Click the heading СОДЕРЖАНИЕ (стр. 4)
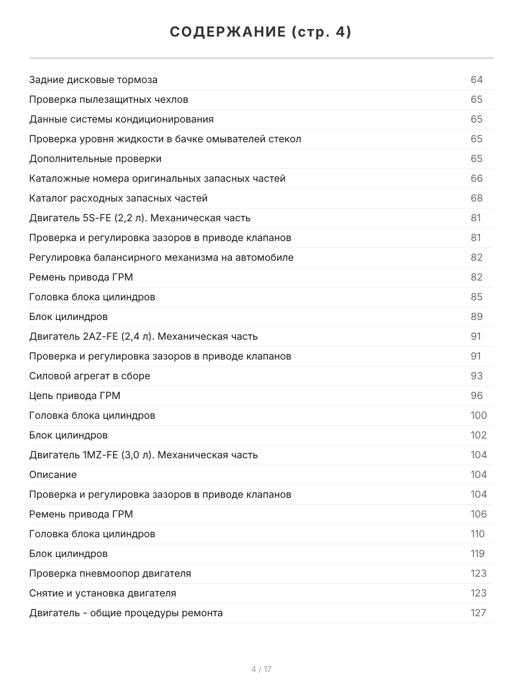click(x=261, y=33)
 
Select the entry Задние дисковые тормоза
click(x=93, y=80)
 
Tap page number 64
click(x=477, y=80)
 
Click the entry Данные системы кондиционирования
click(x=121, y=119)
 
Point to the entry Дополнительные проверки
click(x=95, y=159)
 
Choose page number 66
click(x=477, y=178)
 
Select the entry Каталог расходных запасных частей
click(x=118, y=198)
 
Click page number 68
click(x=477, y=198)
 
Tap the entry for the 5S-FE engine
click(x=139, y=218)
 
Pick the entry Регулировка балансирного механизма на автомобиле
click(x=161, y=257)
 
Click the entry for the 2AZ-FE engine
click(x=143, y=336)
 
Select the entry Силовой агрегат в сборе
click(x=89, y=376)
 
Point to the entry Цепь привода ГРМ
click(x=74, y=396)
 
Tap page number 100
click(x=478, y=415)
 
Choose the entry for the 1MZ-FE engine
click(x=143, y=455)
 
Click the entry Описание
click(x=53, y=475)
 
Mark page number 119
click(x=477, y=554)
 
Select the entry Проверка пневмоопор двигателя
click(x=110, y=573)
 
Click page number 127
click(x=478, y=613)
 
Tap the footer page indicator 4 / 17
click(x=261, y=669)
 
